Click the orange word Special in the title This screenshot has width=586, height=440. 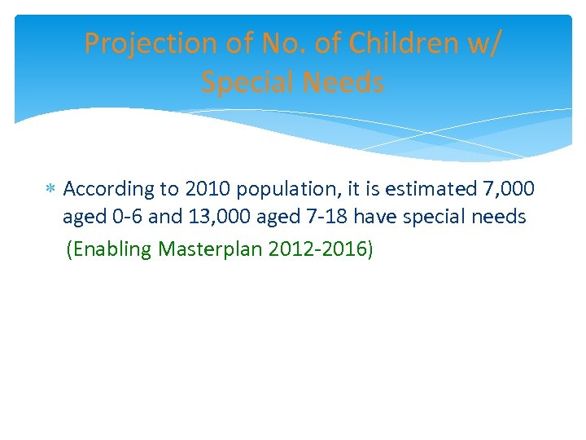point(250,82)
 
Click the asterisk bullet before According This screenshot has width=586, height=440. point(50,190)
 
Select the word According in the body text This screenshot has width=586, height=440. point(108,189)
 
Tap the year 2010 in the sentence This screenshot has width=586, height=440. point(207,189)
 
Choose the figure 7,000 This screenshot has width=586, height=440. point(509,189)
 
